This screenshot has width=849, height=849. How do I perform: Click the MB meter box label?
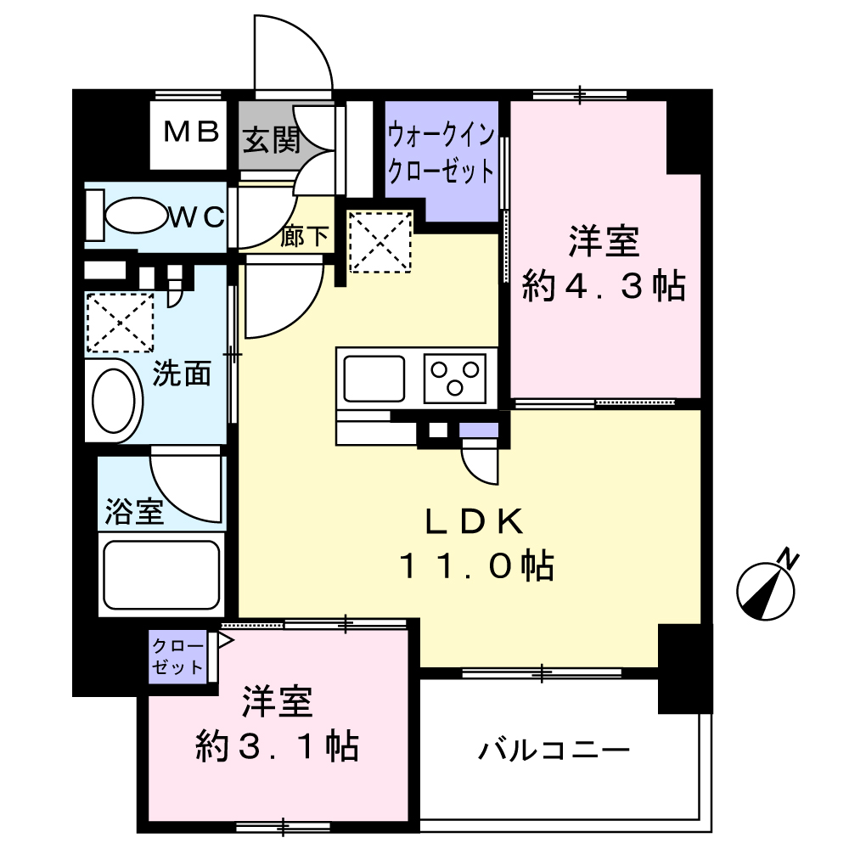(x=191, y=132)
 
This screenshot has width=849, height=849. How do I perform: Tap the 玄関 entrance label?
(x=271, y=140)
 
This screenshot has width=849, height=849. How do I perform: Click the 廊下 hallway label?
(x=304, y=236)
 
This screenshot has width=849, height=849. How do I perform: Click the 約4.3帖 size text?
(x=604, y=285)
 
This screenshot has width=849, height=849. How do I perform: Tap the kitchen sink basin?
(x=374, y=379)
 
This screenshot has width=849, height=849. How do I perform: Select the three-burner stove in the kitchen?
(x=455, y=378)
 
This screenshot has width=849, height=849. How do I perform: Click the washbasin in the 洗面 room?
(x=115, y=400)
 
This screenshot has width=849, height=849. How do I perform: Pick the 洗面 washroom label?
(x=182, y=374)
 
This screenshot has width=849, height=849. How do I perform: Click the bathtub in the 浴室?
(x=161, y=575)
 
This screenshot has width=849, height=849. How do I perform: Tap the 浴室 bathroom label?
(x=134, y=511)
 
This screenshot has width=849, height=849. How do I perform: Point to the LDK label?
(x=475, y=522)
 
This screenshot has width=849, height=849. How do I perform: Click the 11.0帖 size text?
(x=476, y=566)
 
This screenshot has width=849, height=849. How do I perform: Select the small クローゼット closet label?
(x=177, y=656)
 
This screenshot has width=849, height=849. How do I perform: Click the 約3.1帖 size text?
(x=277, y=746)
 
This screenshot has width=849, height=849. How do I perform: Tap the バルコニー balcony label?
(x=554, y=751)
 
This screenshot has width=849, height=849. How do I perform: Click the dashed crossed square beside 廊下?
(x=380, y=242)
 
